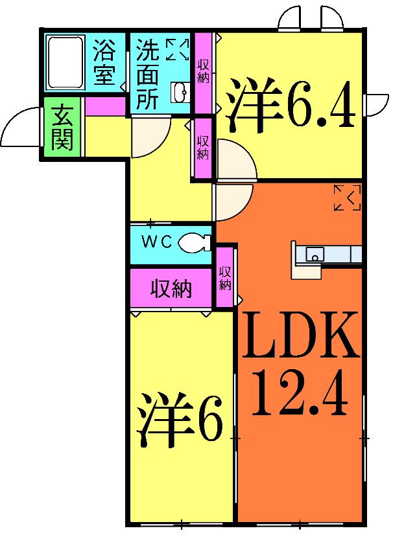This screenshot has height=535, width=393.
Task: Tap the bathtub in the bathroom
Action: coord(64,62)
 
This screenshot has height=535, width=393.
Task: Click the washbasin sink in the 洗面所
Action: coord(180,93)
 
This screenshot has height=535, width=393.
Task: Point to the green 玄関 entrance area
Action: coord(62,128)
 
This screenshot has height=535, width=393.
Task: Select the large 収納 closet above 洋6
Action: coord(171,289)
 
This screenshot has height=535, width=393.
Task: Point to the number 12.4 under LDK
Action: coord(300,393)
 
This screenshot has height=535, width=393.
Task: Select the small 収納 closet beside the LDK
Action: coord(225,277)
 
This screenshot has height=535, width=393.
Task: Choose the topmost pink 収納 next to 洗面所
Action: coord(202,70)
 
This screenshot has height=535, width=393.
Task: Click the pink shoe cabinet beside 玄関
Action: coord(104,106)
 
